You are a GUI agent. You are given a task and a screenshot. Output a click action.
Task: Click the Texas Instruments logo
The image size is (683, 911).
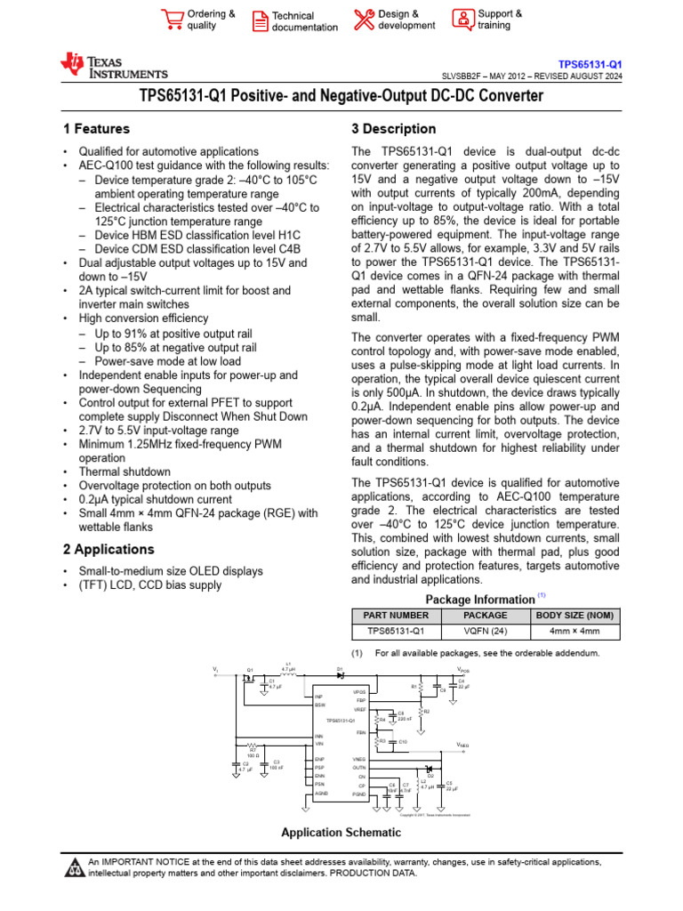113,66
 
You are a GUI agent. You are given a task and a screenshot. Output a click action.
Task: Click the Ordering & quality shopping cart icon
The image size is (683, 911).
173,19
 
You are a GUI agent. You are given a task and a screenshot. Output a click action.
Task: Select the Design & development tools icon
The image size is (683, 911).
364,19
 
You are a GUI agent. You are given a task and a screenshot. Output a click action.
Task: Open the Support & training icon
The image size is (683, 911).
462,19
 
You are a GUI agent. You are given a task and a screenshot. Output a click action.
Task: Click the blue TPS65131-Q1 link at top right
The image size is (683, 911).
590,65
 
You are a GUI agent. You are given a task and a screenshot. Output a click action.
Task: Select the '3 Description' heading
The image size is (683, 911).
394,129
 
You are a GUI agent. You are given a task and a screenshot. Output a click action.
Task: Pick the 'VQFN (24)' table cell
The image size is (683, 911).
486,632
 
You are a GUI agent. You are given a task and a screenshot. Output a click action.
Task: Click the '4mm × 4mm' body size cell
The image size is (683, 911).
575,632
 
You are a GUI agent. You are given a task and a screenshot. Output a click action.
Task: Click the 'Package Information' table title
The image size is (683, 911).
479,599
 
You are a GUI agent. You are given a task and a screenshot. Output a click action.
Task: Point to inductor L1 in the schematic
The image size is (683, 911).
287,673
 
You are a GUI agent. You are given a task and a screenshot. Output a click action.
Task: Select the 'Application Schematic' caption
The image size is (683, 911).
341,833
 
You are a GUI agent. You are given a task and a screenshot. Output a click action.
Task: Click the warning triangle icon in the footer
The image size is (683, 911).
75,867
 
